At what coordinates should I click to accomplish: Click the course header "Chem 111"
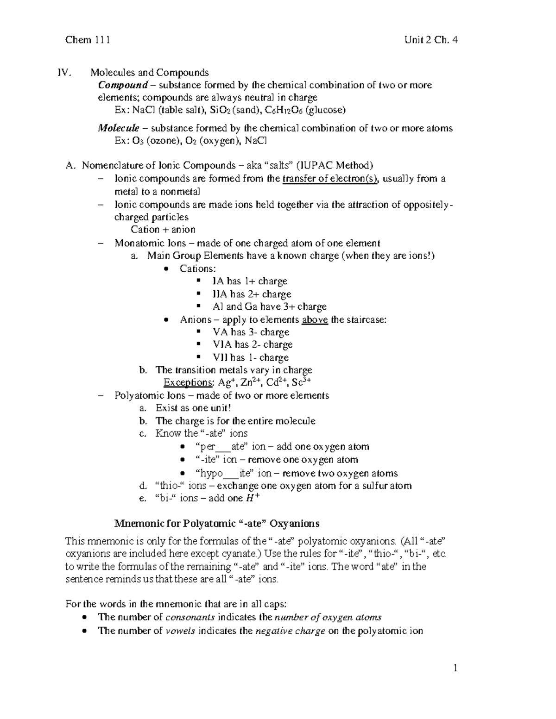(88, 40)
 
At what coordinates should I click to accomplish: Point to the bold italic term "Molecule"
(119, 128)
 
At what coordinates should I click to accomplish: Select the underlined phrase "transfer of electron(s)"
(330, 179)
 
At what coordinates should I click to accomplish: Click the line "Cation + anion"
(163, 230)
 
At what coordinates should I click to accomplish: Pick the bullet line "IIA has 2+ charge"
(252, 294)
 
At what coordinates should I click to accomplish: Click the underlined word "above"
(315, 319)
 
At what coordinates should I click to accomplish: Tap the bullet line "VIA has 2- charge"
(253, 344)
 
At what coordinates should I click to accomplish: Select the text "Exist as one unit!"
(193, 408)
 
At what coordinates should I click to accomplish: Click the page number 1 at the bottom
(455, 668)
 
